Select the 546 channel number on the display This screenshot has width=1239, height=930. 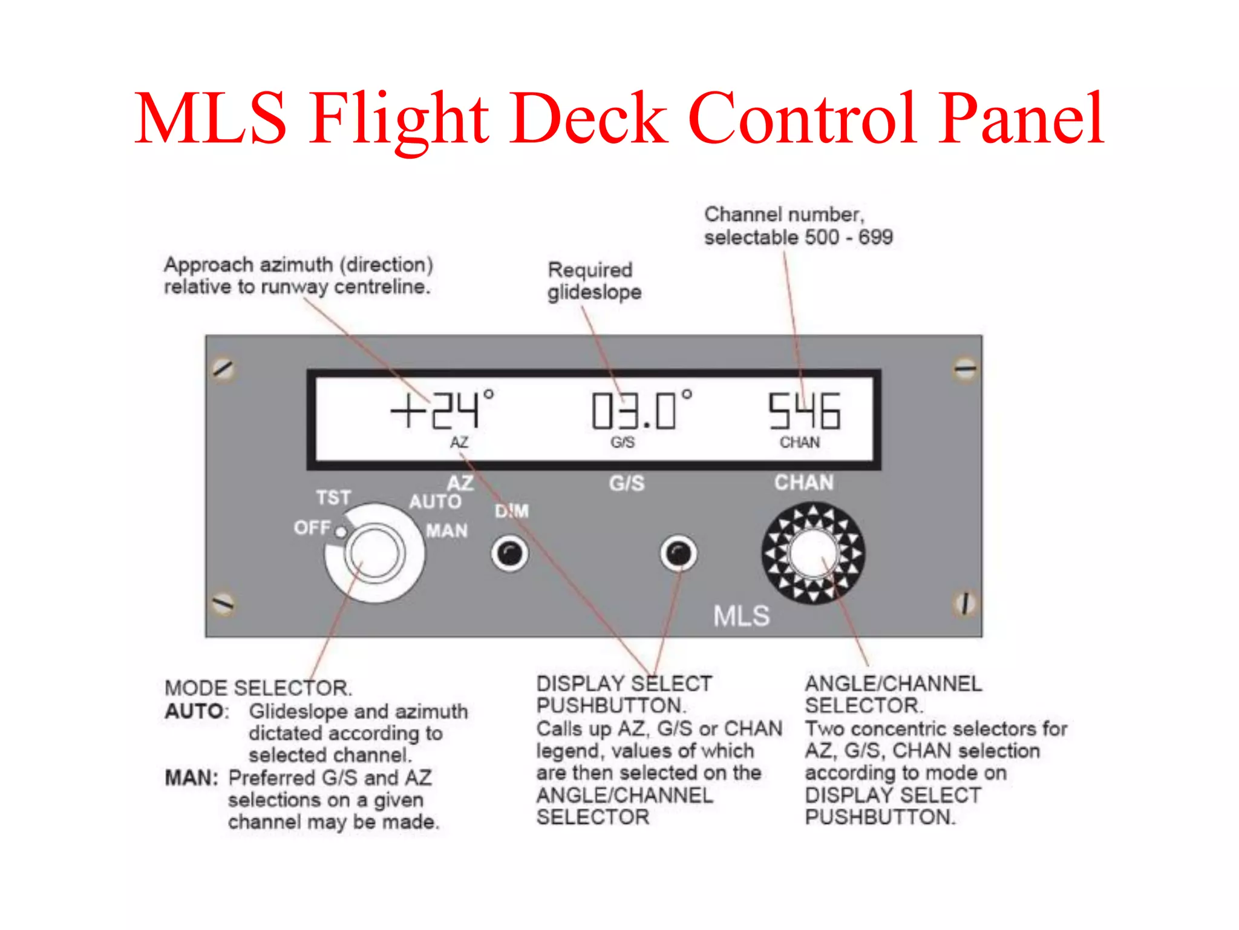click(x=804, y=411)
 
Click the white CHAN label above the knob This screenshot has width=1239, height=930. click(x=804, y=483)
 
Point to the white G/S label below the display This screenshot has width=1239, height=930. click(x=627, y=483)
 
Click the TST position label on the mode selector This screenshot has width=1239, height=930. click(x=333, y=498)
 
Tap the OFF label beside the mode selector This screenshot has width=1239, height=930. click(x=312, y=528)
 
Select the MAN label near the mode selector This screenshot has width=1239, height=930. click(x=447, y=531)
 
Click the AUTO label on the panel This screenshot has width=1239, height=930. click(x=435, y=502)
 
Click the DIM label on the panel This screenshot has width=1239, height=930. click(x=512, y=512)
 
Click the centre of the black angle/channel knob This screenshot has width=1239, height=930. click(x=813, y=553)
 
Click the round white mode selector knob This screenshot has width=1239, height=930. click(x=374, y=553)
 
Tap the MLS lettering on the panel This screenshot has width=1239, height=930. click(x=741, y=616)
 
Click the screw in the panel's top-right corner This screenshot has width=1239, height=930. click(x=964, y=369)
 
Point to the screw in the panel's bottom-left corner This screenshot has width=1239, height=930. click(x=223, y=603)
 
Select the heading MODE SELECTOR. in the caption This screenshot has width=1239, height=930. click(x=258, y=688)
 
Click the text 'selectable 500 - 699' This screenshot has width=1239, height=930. click(x=798, y=237)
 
